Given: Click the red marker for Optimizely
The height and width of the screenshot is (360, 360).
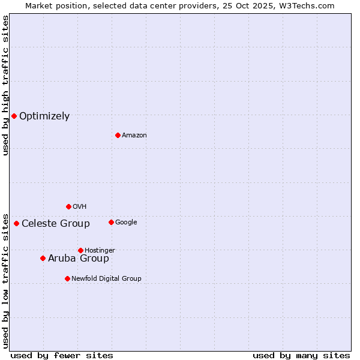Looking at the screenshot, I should tap(14, 116).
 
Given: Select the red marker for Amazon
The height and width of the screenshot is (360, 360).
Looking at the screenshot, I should tap(118, 135).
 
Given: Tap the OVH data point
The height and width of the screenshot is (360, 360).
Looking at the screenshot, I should tap(68, 206).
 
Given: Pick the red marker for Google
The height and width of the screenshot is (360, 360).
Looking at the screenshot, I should tap(111, 222).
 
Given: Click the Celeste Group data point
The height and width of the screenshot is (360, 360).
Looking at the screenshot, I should tap(16, 223).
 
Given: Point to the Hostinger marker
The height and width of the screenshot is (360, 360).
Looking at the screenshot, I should tap(80, 250).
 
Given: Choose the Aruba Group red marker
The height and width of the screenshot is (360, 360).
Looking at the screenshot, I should tap(43, 258).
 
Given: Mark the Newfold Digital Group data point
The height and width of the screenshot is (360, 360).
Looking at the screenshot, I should tap(67, 278).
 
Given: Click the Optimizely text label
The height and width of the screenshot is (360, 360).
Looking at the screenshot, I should tap(44, 116).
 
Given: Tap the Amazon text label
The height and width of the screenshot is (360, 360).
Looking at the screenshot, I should tap(134, 136).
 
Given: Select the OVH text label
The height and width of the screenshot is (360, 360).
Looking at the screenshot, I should tap(80, 207).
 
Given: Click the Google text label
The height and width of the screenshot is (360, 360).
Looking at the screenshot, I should tap(126, 223).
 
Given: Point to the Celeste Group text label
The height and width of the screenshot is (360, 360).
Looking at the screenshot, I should tap(56, 224).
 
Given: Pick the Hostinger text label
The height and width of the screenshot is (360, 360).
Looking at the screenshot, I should tap(100, 251).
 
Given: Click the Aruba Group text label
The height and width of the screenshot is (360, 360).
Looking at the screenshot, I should tap(79, 259).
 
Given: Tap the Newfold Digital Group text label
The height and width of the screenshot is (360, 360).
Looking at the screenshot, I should tap(106, 279).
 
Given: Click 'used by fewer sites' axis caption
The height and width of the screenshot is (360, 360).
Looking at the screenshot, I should tap(62, 355).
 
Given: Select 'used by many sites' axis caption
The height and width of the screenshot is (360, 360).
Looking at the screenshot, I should tap(301, 355).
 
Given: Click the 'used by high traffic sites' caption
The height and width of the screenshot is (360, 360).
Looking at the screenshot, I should tap(5, 85).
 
